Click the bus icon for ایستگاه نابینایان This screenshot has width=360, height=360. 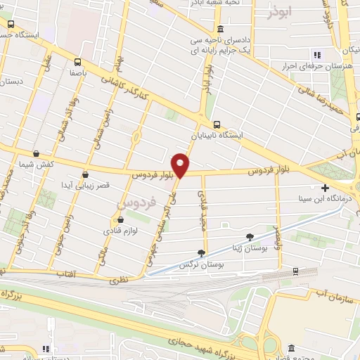217,122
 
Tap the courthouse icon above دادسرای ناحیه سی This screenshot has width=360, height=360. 220,30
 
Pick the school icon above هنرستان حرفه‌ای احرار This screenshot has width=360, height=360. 316,55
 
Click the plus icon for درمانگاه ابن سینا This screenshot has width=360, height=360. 325,188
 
